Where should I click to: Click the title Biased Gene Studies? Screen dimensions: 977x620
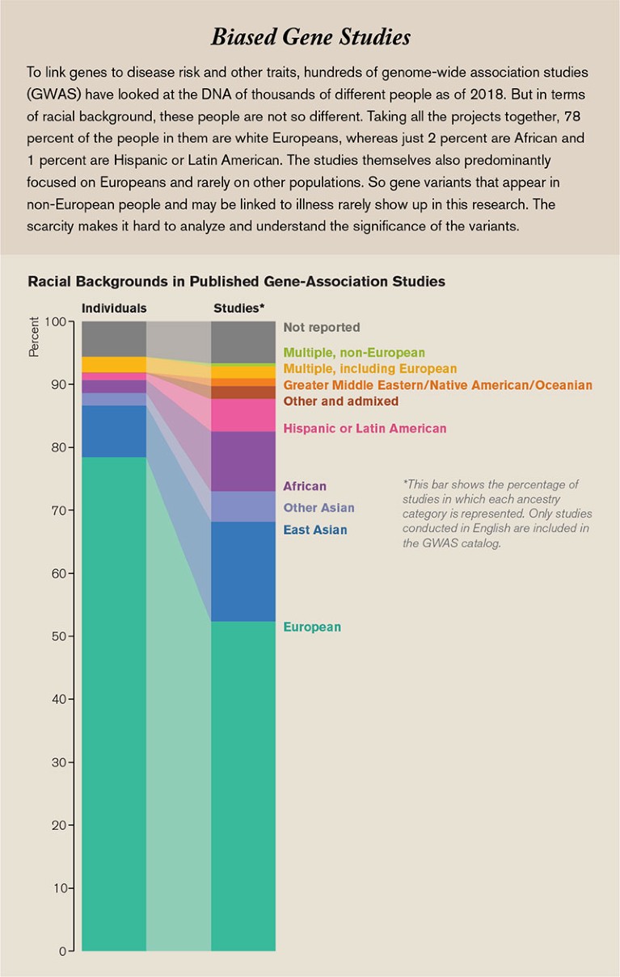pyautogui.click(x=310, y=37)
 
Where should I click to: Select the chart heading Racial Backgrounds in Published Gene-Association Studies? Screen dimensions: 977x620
pyautogui.click(x=236, y=282)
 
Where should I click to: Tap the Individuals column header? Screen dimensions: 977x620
pyautogui.click(x=114, y=308)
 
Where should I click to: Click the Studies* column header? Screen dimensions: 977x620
pyautogui.click(x=239, y=308)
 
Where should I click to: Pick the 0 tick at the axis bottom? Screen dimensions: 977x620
pyautogui.click(x=61, y=951)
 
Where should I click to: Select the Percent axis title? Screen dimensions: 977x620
pyautogui.click(x=34, y=338)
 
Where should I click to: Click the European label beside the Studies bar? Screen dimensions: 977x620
pyautogui.click(x=312, y=627)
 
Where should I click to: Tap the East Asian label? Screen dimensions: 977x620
pyautogui.click(x=314, y=530)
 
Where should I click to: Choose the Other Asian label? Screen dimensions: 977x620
pyautogui.click(x=318, y=509)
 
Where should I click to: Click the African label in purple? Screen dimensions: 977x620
pyautogui.click(x=305, y=486)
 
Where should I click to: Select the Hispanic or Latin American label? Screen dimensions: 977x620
pyautogui.click(x=365, y=429)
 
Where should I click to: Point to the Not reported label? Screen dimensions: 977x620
pyautogui.click(x=322, y=328)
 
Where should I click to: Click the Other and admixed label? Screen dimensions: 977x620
pyautogui.click(x=340, y=401)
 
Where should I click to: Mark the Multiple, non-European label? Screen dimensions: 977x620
pyautogui.click(x=354, y=353)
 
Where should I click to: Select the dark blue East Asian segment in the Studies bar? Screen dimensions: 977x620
pyautogui.click(x=243, y=571)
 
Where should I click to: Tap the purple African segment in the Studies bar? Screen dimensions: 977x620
pyautogui.click(x=243, y=461)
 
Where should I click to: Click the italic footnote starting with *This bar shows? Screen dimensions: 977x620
pyautogui.click(x=496, y=514)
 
